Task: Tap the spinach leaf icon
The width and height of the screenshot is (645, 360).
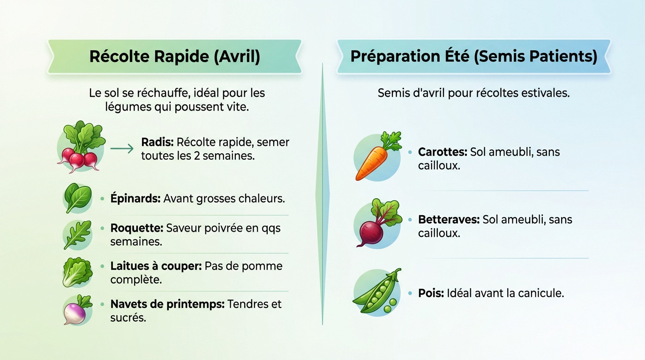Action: coord(77,198)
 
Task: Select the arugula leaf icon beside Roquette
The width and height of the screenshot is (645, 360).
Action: coord(77,235)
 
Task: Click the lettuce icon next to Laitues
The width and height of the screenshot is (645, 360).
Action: coord(77,272)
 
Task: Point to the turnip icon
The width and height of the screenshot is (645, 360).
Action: coord(77,310)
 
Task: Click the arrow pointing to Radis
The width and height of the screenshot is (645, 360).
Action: coord(122,149)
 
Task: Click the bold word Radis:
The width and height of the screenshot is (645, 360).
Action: coord(157,142)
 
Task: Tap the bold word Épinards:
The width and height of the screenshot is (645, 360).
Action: coord(135,198)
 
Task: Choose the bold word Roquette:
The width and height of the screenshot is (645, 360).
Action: coord(136,228)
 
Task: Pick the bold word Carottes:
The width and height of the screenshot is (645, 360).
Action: coord(442,152)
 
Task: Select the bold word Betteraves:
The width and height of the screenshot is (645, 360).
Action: coord(449,219)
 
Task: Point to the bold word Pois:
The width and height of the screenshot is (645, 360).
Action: coord(431,293)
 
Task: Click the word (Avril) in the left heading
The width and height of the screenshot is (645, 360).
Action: coord(237,56)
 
